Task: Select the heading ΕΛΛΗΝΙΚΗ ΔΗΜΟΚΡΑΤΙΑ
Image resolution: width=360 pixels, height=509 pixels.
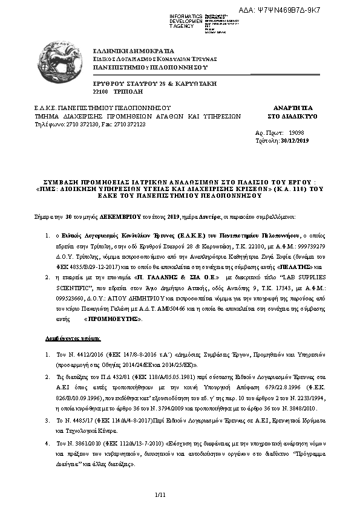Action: pyautogui.click(x=133, y=51)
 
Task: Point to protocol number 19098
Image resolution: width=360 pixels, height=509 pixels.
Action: pyautogui.click(x=296, y=132)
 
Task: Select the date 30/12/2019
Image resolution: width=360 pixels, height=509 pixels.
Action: pyautogui.click(x=295, y=140)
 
